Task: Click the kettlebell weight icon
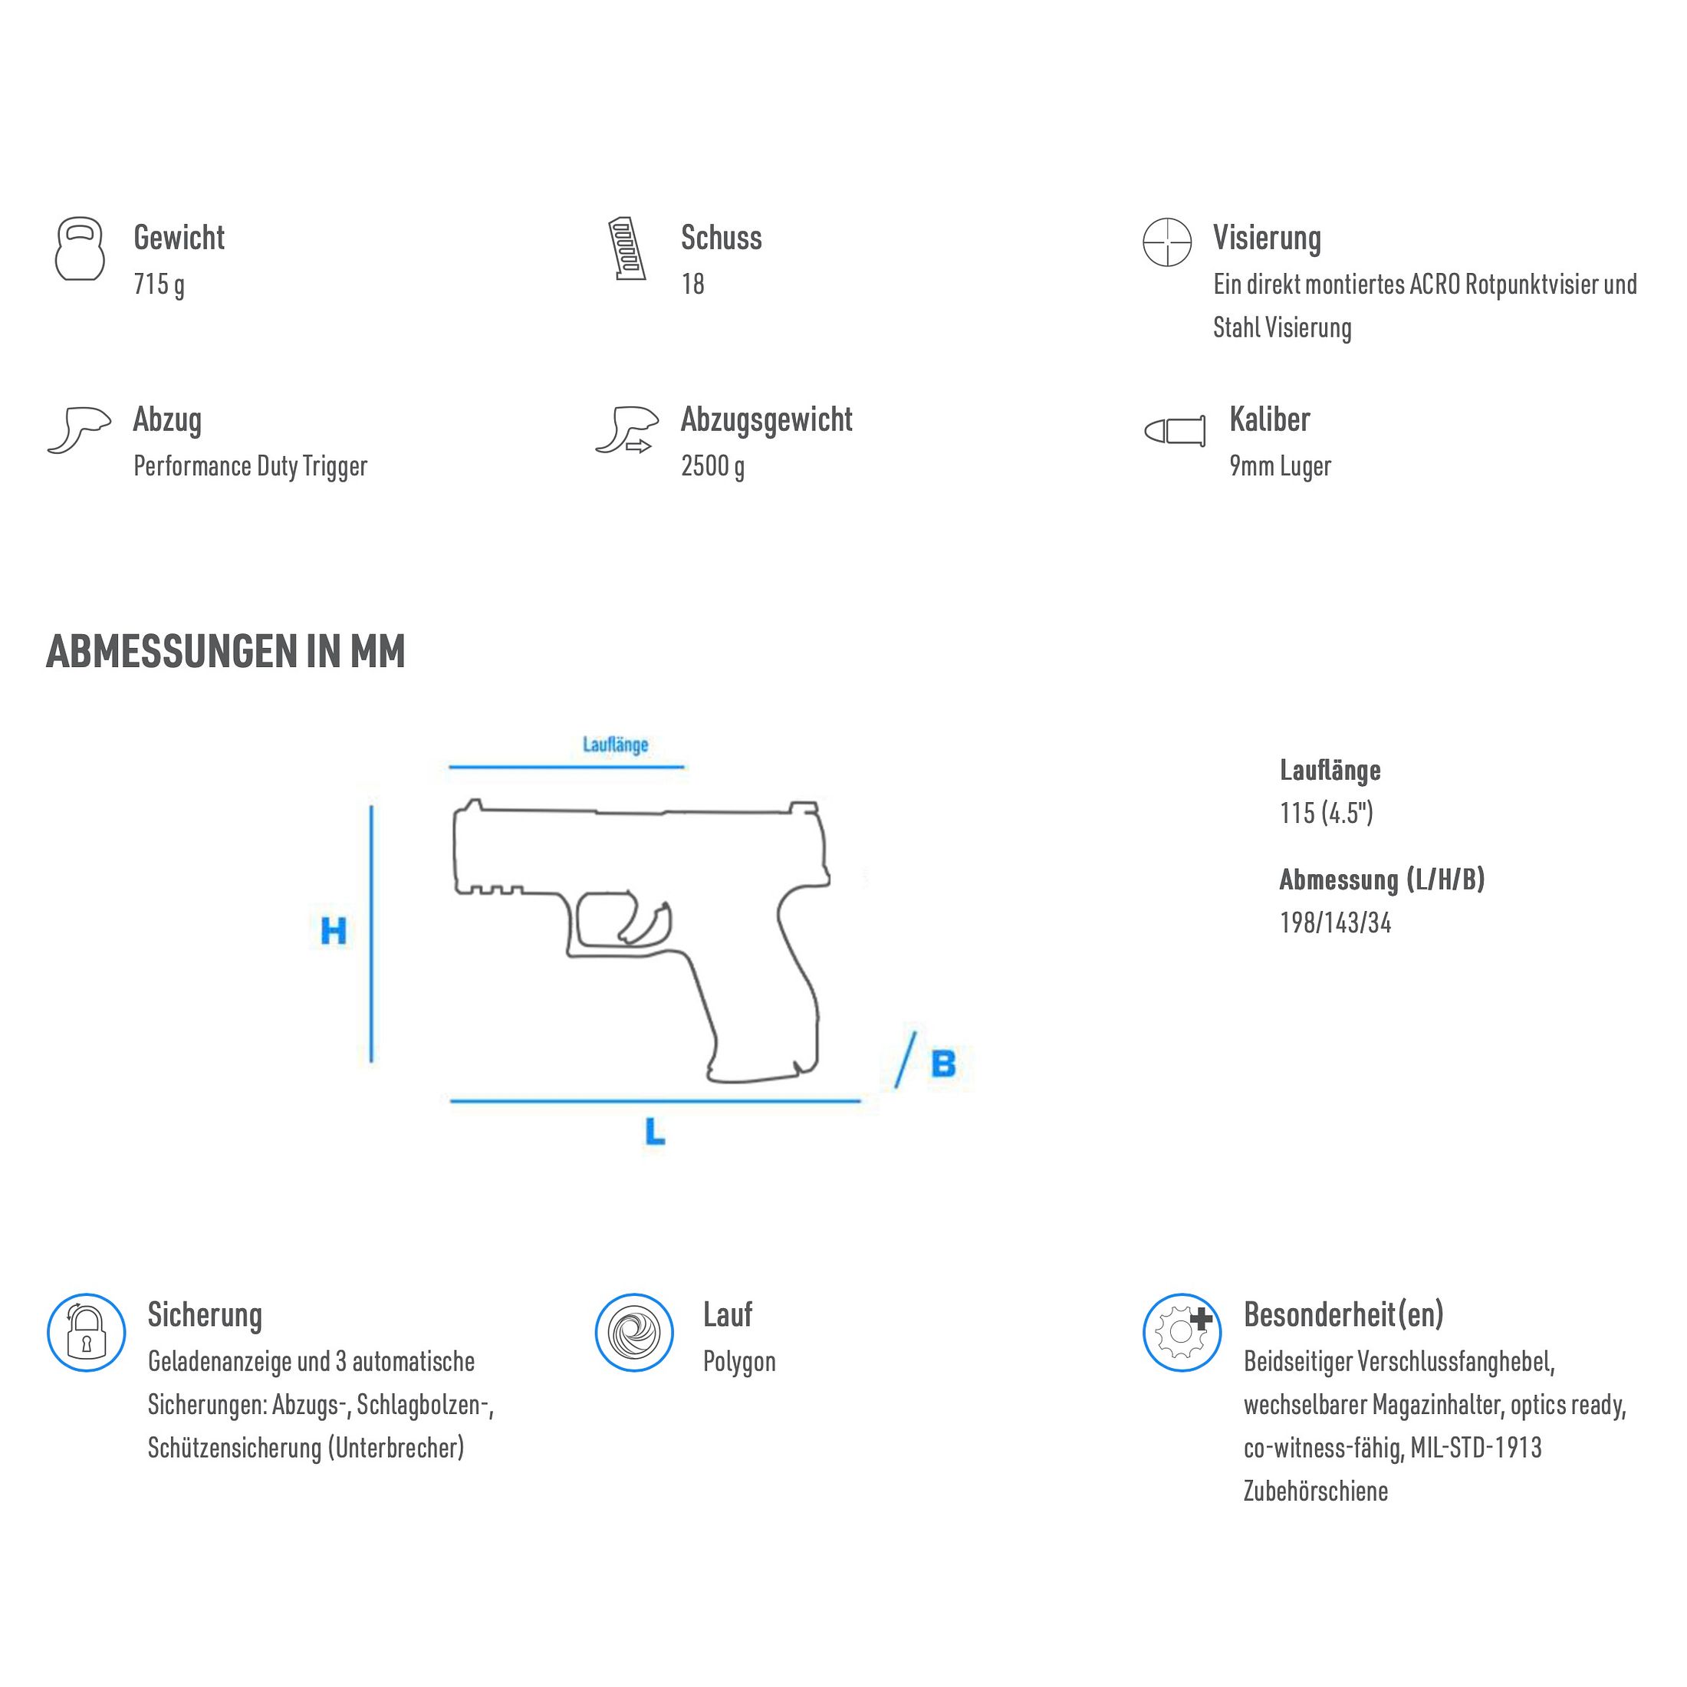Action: pos(80,249)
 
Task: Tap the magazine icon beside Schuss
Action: pos(627,249)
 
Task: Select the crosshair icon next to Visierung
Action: pos(1166,242)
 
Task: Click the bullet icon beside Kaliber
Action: pos(1176,430)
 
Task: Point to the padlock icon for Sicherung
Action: pos(87,1333)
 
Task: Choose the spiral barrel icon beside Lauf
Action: pos(634,1333)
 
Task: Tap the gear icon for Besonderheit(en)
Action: pos(1182,1333)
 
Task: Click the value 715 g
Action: pos(159,284)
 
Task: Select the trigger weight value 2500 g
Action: pos(712,466)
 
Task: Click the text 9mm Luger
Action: pos(1280,466)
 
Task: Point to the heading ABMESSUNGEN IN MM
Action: pos(225,651)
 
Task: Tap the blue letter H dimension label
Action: pos(334,931)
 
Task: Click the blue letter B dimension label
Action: pos(943,1064)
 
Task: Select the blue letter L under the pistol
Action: pos(655,1133)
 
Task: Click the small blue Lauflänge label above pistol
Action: pos(616,745)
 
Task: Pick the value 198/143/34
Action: pos(1335,923)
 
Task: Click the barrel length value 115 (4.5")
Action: pos(1327,814)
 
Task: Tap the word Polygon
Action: pos(738,1362)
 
